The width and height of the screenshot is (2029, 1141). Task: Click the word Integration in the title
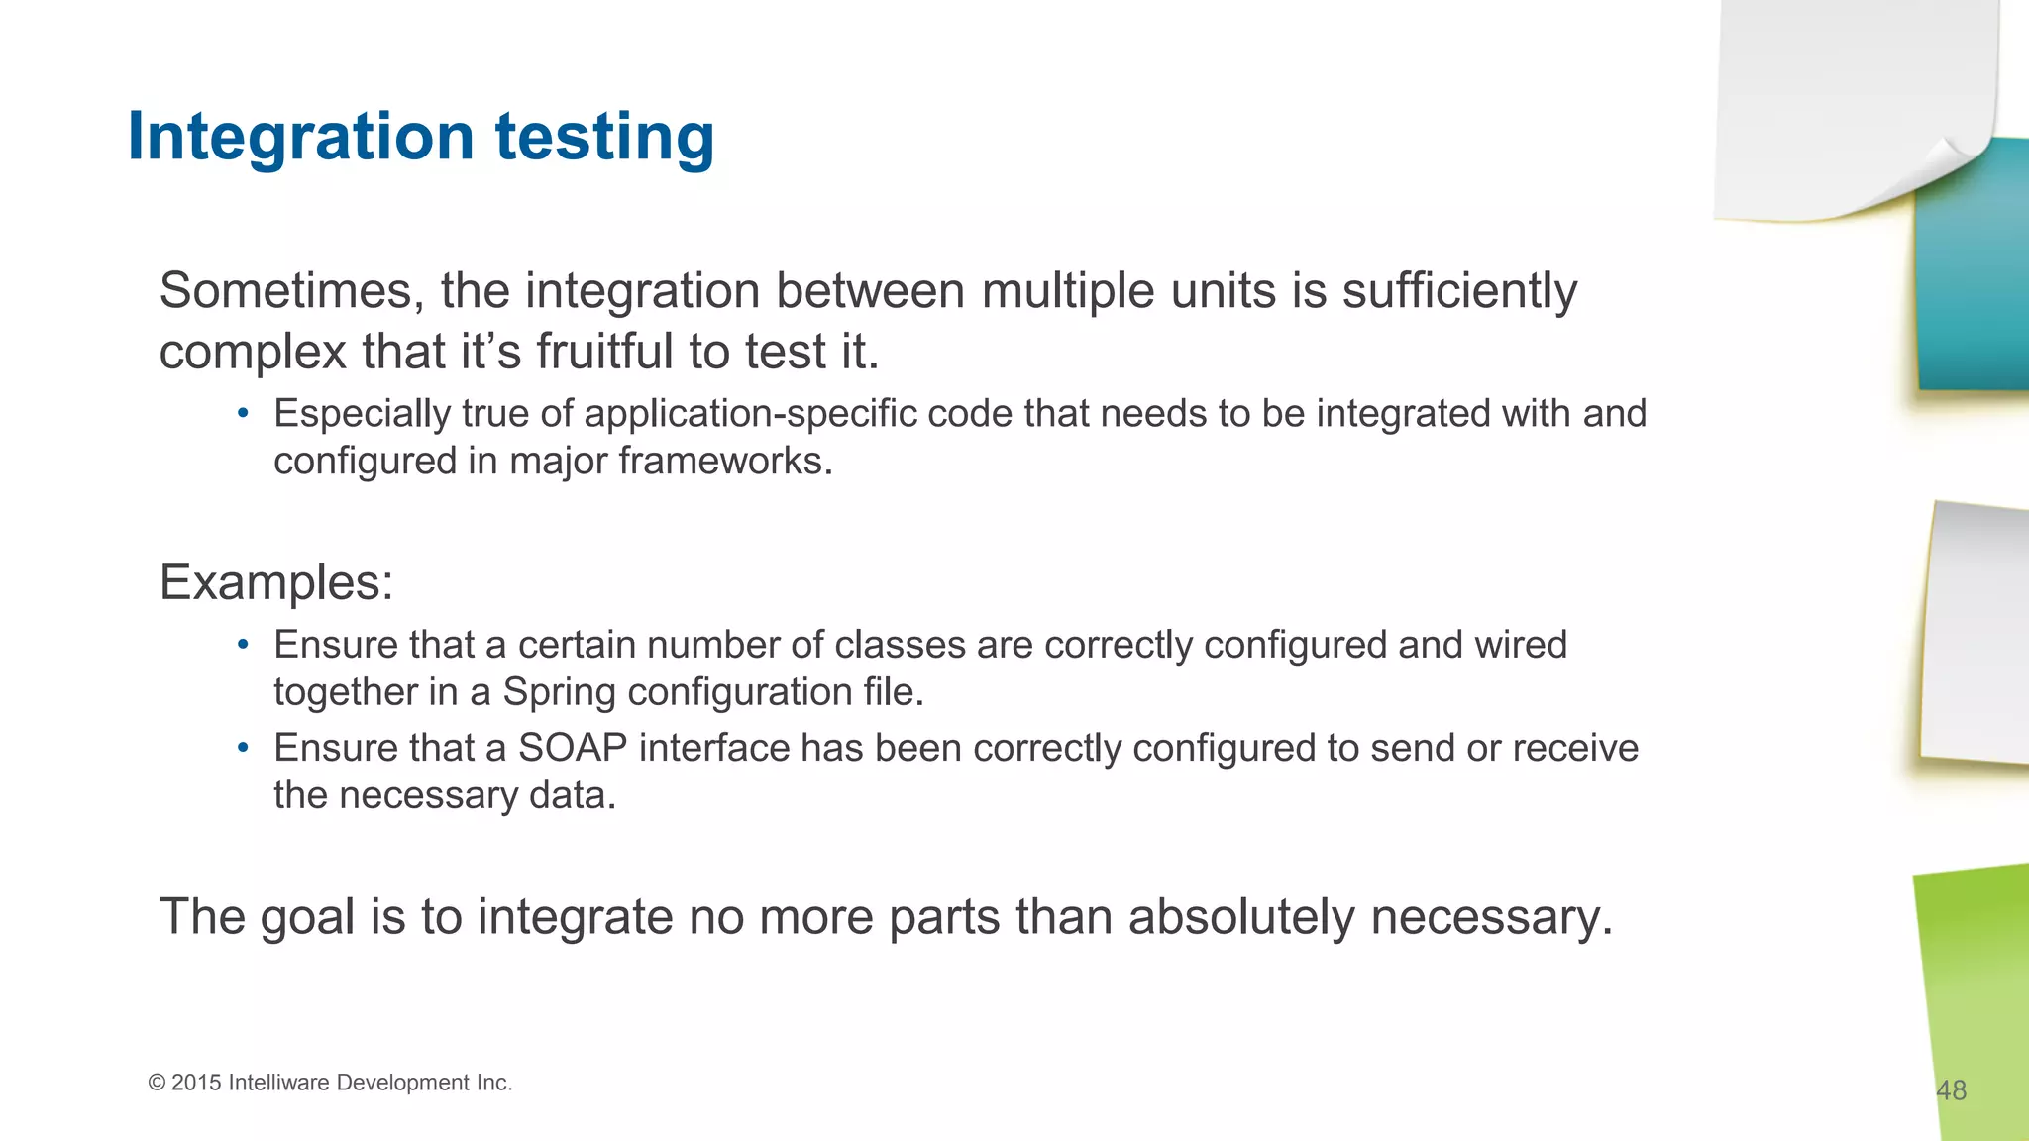point(301,137)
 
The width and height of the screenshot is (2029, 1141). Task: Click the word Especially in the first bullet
point(362,414)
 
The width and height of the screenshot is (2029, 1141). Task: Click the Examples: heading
point(276,582)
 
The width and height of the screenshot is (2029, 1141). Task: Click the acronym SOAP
point(573,748)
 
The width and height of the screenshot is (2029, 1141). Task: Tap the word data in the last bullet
point(573,795)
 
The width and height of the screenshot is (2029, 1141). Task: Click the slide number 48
point(1951,1090)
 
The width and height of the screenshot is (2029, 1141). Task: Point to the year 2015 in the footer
point(196,1083)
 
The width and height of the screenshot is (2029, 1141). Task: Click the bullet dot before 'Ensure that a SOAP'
point(243,748)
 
